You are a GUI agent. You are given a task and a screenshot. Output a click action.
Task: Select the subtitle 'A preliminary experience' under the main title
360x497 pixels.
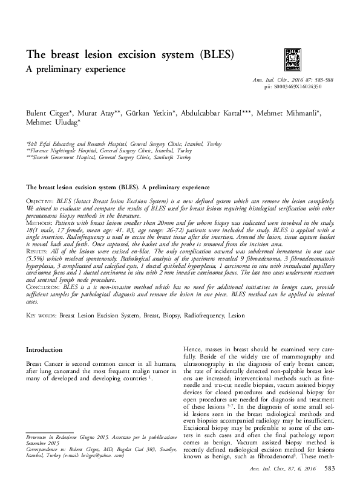coord(76,70)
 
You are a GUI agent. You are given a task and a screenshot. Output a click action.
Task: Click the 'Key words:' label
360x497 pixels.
coord(41,316)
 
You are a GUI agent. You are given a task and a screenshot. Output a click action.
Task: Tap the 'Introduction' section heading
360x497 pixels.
coord(44,350)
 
